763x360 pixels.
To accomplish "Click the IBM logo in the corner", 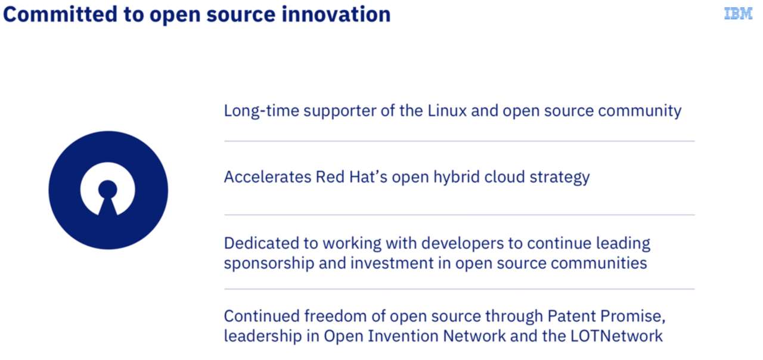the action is point(738,14).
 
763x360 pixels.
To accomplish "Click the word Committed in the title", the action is point(60,14).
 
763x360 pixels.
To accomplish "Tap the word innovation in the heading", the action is point(336,14).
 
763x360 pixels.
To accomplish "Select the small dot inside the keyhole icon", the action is point(108,189).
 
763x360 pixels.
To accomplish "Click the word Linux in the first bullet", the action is point(447,111).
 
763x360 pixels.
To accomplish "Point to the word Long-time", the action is point(261,111).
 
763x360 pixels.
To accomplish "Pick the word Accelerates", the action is point(268,177).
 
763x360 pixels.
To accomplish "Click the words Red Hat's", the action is point(352,177).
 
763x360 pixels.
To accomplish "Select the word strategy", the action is point(560,178).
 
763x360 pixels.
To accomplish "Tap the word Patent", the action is point(572,316).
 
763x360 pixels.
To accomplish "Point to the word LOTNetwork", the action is point(616,336).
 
